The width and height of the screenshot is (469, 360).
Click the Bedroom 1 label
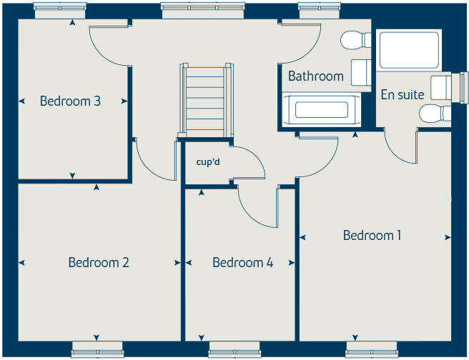[x=372, y=235]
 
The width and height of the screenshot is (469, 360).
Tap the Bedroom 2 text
[x=99, y=262]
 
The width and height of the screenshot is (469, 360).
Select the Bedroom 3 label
[x=70, y=101]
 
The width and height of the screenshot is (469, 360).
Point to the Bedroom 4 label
[x=242, y=262]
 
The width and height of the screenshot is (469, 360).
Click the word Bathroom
[x=315, y=76]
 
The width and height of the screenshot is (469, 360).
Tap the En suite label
[x=403, y=94]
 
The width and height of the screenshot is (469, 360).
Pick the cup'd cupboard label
[x=208, y=161]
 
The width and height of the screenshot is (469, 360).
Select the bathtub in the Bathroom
[x=321, y=110]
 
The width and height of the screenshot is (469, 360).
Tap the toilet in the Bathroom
[x=355, y=40]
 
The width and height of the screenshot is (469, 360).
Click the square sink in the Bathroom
[x=360, y=72]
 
